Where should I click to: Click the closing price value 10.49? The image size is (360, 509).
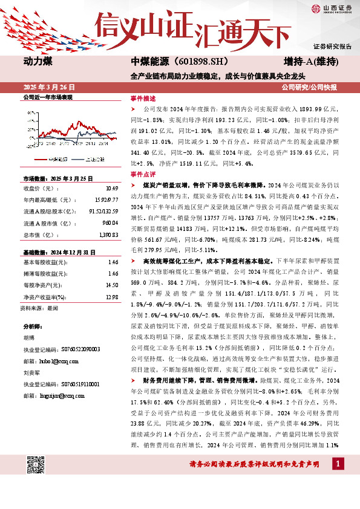coord(111,187)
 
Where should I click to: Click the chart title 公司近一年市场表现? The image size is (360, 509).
coord(47,97)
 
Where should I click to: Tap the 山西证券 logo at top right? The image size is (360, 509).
coord(332,8)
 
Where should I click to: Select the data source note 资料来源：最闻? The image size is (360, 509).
coord(39,308)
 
